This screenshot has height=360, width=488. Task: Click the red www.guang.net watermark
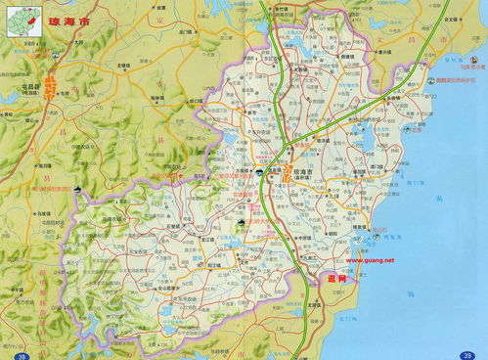pos(370,260)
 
